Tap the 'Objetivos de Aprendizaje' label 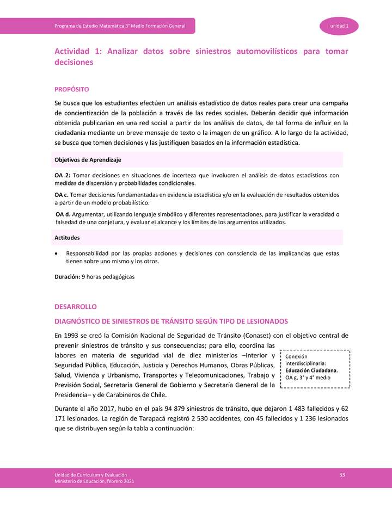click(x=87, y=160)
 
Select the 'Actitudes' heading click(x=68, y=238)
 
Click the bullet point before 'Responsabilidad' click(x=57, y=253)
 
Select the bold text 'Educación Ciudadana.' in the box click(x=311, y=370)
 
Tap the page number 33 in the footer click(x=342, y=475)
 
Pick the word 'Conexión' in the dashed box click(x=296, y=356)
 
